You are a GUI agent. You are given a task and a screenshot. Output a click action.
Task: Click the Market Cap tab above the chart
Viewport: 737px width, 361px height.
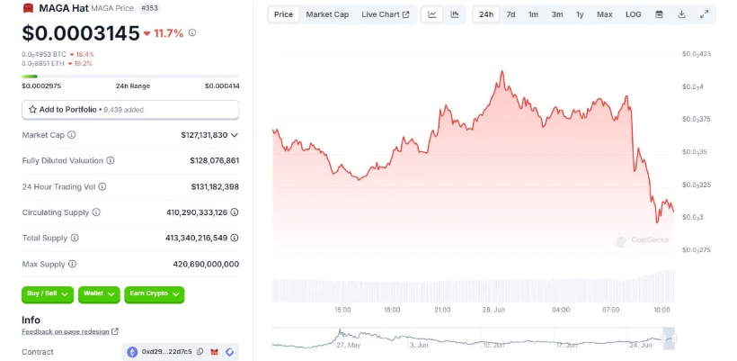pyautogui.click(x=327, y=14)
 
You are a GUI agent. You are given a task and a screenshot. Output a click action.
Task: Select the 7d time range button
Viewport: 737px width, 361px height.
pyautogui.click(x=511, y=14)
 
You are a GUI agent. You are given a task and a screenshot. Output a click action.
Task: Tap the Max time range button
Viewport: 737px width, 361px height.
pyautogui.click(x=604, y=14)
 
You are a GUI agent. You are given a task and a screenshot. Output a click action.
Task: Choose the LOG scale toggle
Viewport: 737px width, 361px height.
pyautogui.click(x=634, y=14)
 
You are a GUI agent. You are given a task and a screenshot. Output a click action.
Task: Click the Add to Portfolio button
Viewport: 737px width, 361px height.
pyautogui.click(x=130, y=109)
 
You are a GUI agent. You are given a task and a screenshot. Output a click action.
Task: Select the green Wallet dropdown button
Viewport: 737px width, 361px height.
pyautogui.click(x=98, y=293)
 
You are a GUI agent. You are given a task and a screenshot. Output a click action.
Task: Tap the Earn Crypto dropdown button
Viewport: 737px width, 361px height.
pyautogui.click(x=154, y=293)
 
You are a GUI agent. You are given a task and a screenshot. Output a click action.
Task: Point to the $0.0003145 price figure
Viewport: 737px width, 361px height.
pyautogui.click(x=79, y=33)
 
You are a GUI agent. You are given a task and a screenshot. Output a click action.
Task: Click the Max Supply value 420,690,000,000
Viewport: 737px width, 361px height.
pyautogui.click(x=206, y=264)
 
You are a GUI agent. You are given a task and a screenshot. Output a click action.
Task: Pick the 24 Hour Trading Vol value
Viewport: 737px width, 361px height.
pyautogui.click(x=209, y=186)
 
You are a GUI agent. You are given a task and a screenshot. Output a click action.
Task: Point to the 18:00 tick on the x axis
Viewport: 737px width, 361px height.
pyautogui.click(x=392, y=309)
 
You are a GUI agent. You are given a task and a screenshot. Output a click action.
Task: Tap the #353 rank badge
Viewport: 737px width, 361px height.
pyautogui.click(x=151, y=8)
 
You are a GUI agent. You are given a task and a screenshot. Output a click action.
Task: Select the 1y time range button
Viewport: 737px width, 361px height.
pyautogui.click(x=580, y=14)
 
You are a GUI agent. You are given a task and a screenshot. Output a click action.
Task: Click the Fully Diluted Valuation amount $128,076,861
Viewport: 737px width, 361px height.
pyautogui.click(x=209, y=160)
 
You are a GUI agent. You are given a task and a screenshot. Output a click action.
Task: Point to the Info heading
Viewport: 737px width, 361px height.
pyautogui.click(x=31, y=320)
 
